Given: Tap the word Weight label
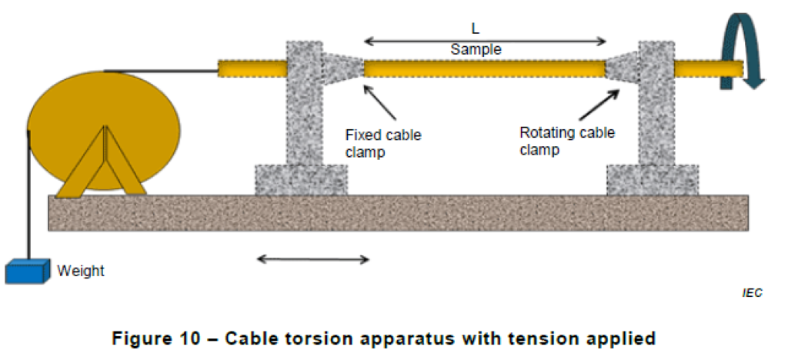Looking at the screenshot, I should click(x=81, y=271).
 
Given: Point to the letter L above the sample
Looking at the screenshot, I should click(x=475, y=28).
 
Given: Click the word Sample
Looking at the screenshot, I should click(x=476, y=49).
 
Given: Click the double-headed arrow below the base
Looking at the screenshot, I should click(x=312, y=259).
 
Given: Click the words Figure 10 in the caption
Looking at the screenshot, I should click(x=166, y=337).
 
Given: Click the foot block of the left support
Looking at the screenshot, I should click(x=301, y=180).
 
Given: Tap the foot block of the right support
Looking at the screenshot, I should click(x=653, y=180).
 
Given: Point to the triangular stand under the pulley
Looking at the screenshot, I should click(x=105, y=165).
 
